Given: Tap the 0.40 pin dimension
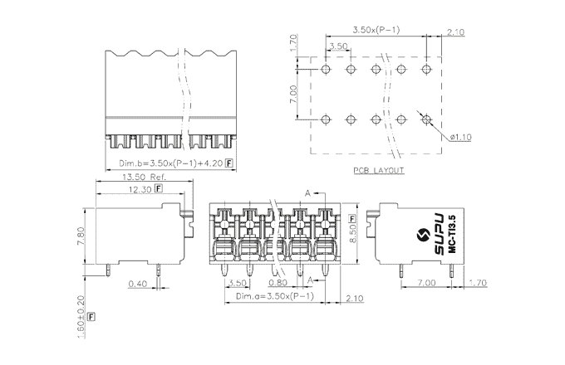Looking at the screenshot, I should click(139, 284).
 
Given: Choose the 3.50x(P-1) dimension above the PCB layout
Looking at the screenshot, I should click(375, 31).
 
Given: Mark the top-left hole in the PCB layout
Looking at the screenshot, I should click(327, 68).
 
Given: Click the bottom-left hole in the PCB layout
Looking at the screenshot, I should click(327, 119).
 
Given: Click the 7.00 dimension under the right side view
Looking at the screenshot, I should click(426, 284).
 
